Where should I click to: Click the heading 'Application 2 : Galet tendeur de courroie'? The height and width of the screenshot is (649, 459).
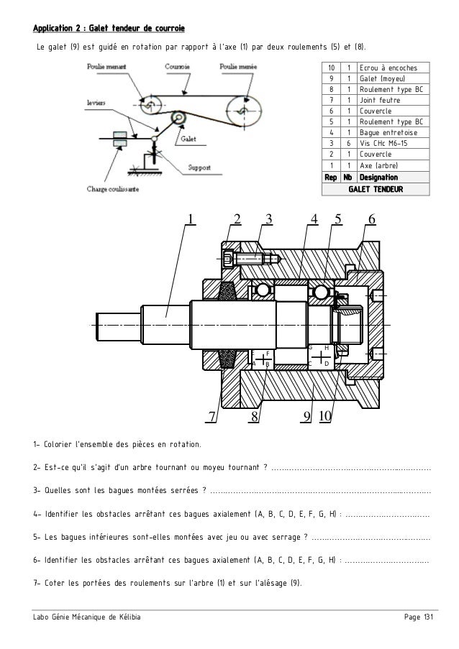109,29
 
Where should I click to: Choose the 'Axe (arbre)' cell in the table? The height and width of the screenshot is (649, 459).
378,165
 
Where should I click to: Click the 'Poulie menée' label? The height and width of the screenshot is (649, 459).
238,65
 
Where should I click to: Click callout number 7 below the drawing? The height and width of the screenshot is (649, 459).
212,417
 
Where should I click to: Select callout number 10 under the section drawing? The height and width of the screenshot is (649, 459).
324,417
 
